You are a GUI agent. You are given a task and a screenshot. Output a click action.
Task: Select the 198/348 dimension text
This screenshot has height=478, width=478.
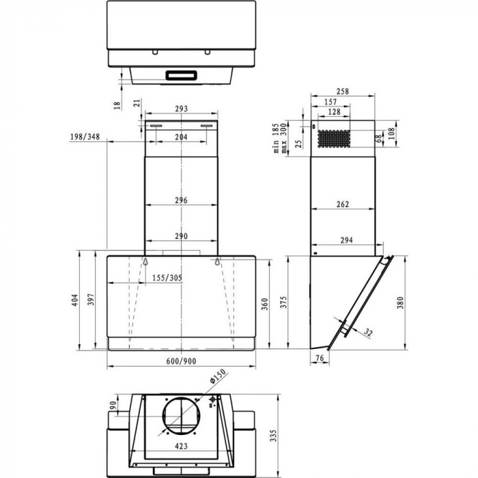[85, 137]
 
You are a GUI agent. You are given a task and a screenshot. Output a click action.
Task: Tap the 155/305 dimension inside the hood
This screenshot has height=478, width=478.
[167, 278]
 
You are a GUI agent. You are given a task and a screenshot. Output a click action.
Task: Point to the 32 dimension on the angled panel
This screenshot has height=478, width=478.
[369, 333]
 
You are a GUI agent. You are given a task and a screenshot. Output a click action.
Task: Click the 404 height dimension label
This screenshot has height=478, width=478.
[87, 300]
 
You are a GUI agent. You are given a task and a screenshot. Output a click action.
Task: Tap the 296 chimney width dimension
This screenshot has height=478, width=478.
[180, 201]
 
